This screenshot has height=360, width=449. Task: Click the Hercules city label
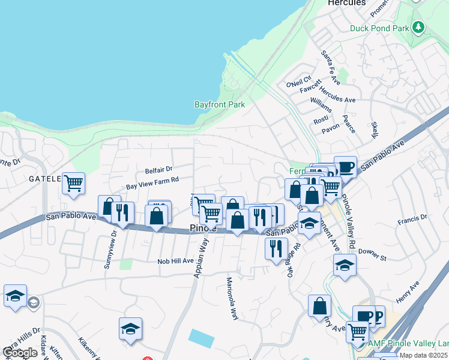[x=346, y=3]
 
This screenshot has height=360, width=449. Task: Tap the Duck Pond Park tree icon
[x=418, y=27]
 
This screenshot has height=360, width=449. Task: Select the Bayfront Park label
[x=219, y=104]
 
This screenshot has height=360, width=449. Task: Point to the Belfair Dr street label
[x=158, y=170]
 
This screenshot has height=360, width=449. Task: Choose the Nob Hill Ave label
[x=175, y=261]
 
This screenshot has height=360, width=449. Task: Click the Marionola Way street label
[x=232, y=295]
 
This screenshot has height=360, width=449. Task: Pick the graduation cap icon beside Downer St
[x=345, y=265]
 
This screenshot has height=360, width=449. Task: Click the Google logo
[x=20, y=353]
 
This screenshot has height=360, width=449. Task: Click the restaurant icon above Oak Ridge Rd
[x=276, y=248]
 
